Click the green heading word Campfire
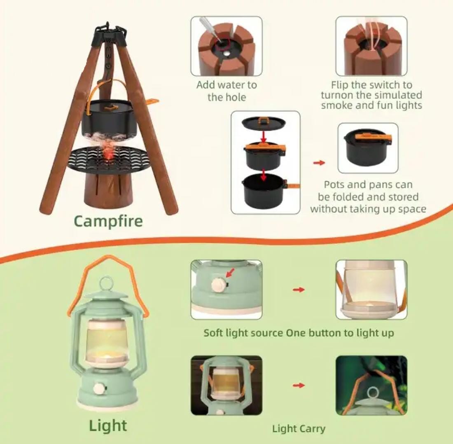[108, 222]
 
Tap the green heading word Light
[108, 425]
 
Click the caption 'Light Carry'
[299, 429]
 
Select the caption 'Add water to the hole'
[226, 91]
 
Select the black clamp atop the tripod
[109, 36]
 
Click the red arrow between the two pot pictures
[319, 163]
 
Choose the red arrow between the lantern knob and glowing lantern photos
[299, 290]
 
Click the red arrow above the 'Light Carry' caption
[299, 385]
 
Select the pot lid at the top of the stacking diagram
[264, 123]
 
